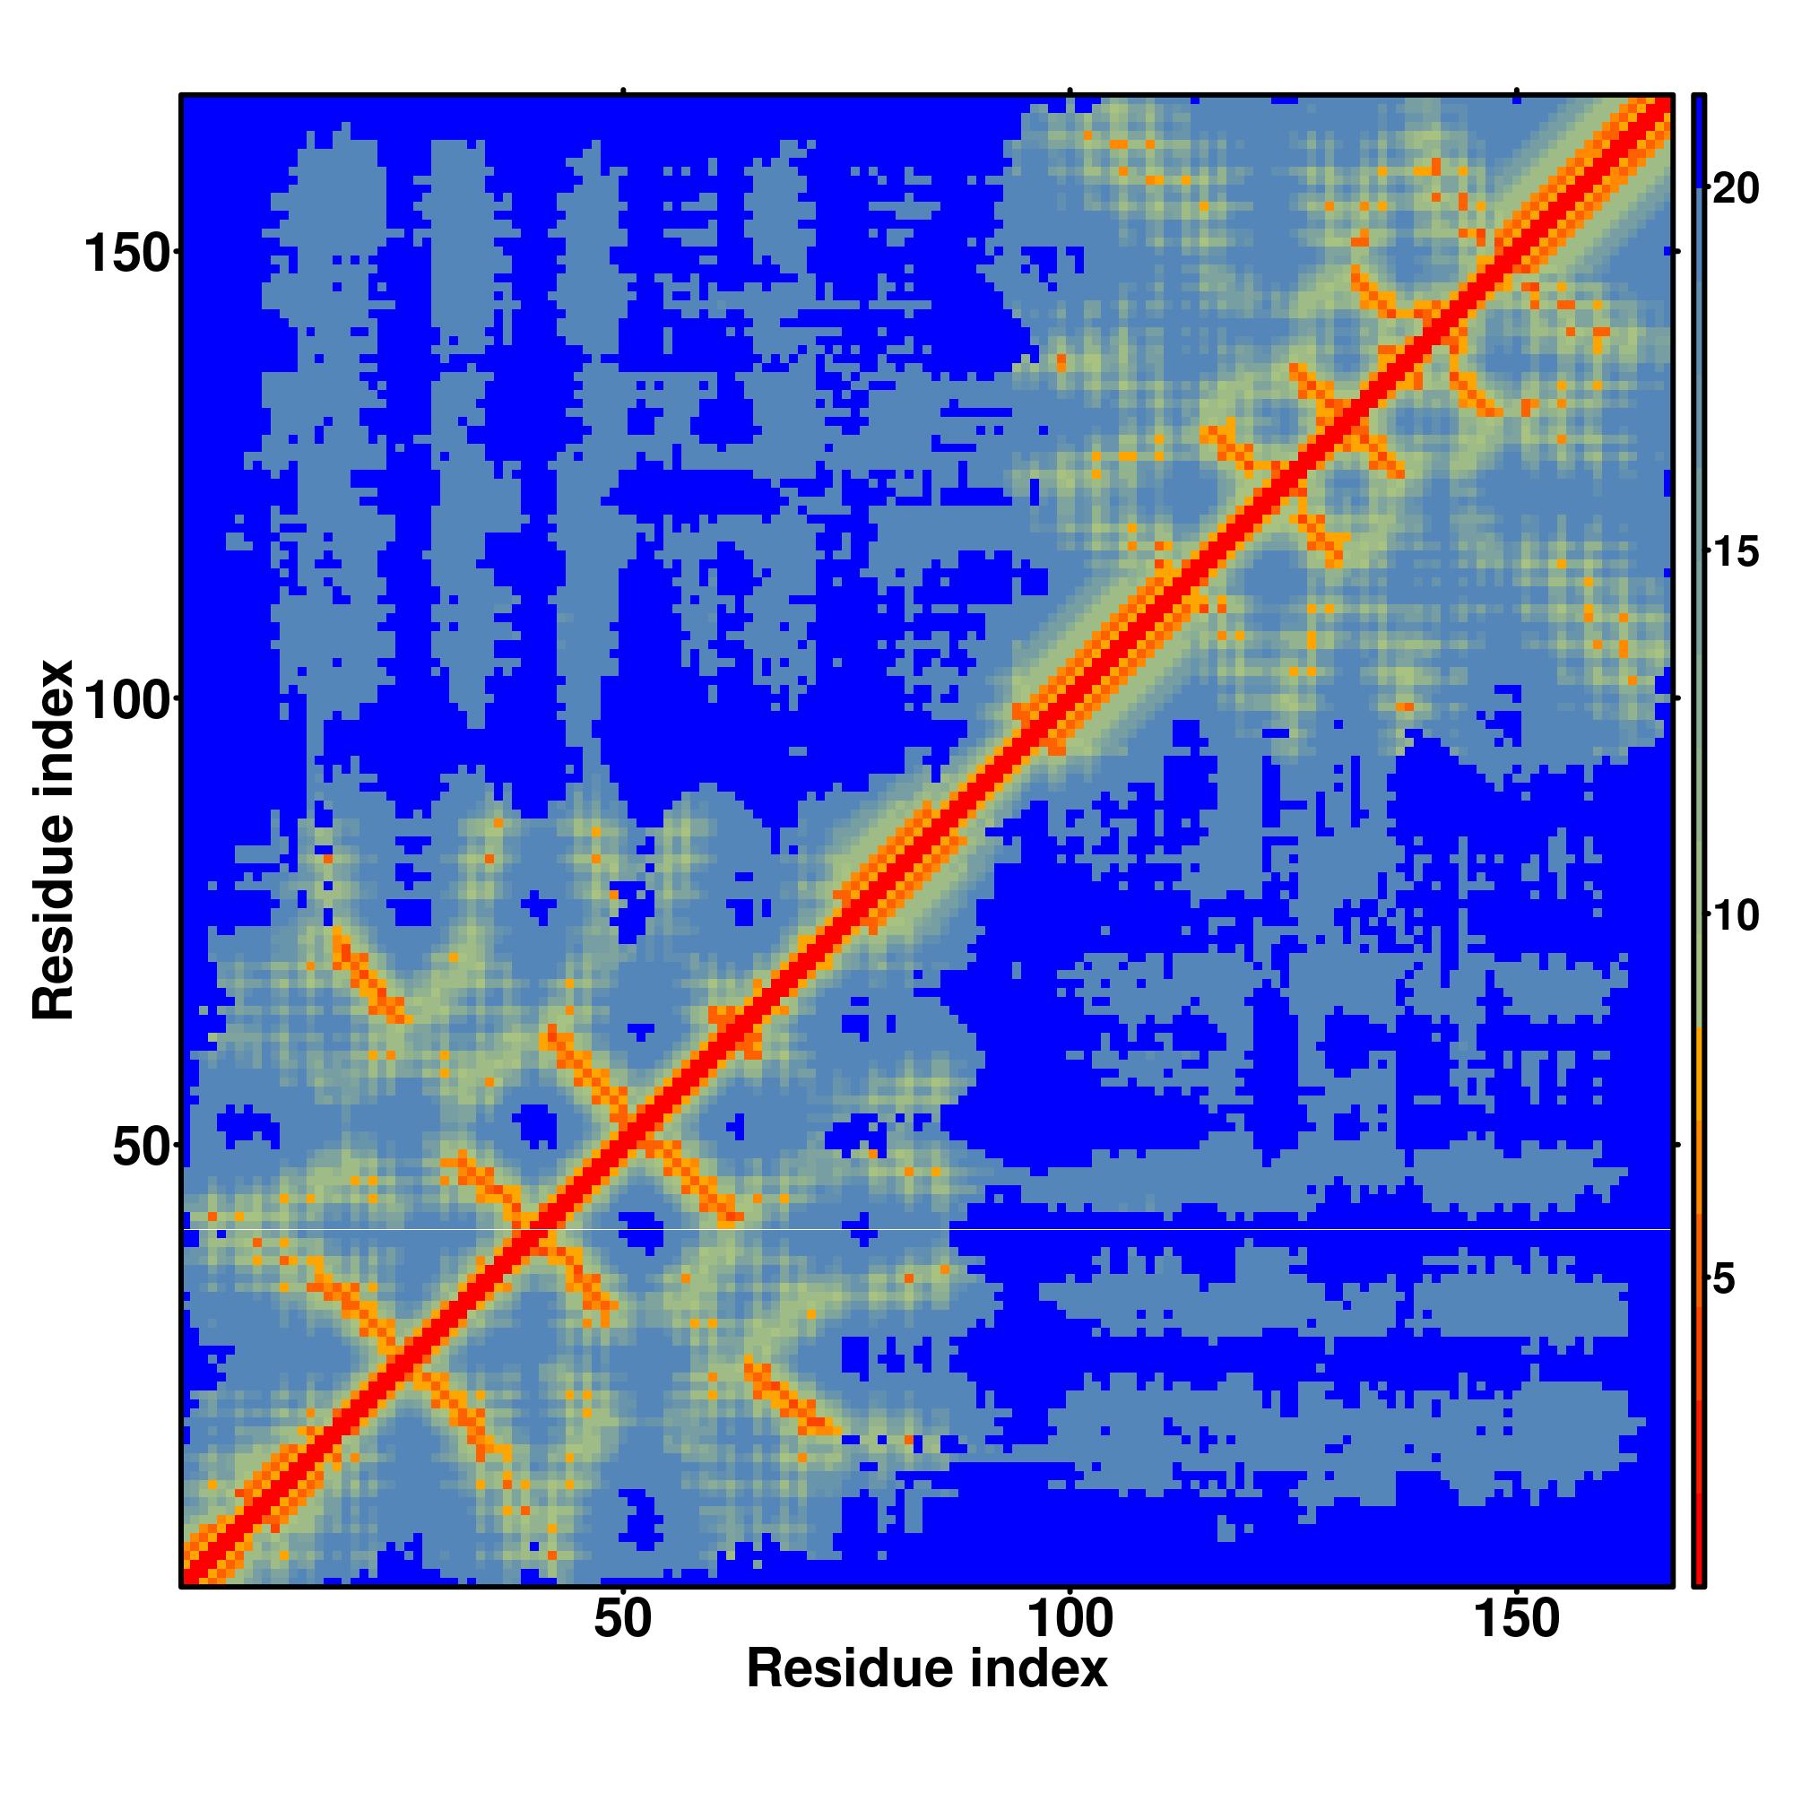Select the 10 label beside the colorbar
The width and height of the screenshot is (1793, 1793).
[1735, 917]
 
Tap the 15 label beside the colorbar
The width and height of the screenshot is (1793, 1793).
[1735, 553]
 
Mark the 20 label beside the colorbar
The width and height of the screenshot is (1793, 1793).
[1735, 189]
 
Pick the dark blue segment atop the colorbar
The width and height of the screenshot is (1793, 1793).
[1697, 139]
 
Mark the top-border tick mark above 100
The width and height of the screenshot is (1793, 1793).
[1070, 90]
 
